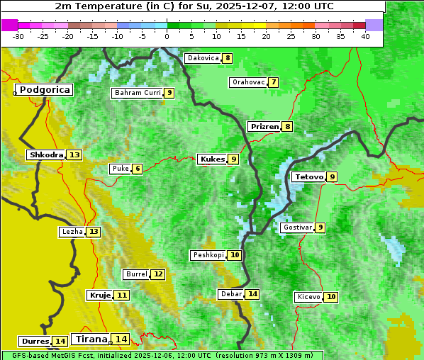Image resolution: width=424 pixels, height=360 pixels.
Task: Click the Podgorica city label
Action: (45, 90)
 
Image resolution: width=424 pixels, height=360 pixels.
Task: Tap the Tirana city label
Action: (90, 339)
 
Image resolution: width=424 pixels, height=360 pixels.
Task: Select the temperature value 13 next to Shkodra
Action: (74, 154)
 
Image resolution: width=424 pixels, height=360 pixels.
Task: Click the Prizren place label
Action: (264, 127)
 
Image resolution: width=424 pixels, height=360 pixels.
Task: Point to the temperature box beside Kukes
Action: (233, 159)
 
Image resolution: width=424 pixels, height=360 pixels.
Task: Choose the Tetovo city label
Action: (308, 176)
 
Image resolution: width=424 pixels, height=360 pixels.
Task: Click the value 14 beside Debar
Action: (252, 294)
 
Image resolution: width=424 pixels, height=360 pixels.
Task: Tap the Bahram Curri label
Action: (138, 93)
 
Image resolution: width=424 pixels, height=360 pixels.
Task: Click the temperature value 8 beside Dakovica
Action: (227, 58)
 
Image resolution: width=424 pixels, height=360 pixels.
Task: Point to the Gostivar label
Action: (296, 227)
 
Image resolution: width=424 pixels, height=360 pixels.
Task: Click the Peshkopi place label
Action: (208, 255)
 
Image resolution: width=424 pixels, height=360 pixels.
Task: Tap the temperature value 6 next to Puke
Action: (137, 169)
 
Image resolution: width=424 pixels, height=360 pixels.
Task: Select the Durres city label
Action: (35, 342)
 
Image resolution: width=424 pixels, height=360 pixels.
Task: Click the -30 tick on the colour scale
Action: (18, 36)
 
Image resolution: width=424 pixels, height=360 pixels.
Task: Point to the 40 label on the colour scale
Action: (365, 36)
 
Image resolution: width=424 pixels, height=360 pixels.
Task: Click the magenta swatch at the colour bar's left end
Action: (9, 25)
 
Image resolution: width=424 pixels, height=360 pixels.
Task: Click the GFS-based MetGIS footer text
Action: (162, 355)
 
